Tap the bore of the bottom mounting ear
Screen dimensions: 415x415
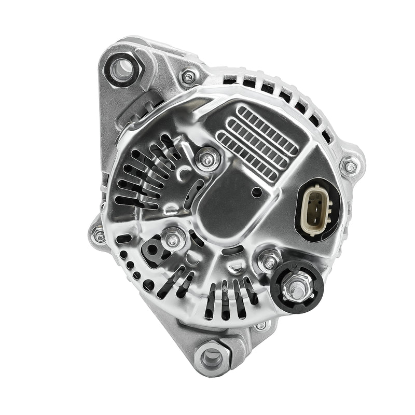[x=212, y=357]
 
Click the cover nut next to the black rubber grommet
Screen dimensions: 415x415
[x=173, y=240]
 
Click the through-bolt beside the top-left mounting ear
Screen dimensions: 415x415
[x=189, y=78]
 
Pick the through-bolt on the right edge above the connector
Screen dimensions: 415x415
[x=351, y=167]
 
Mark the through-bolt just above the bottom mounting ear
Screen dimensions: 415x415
[x=261, y=326]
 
